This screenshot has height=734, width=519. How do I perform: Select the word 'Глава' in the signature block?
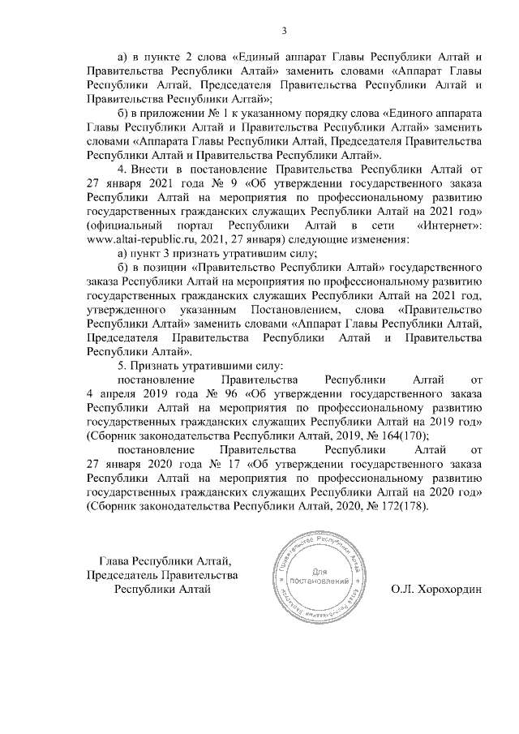(x=114, y=560)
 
